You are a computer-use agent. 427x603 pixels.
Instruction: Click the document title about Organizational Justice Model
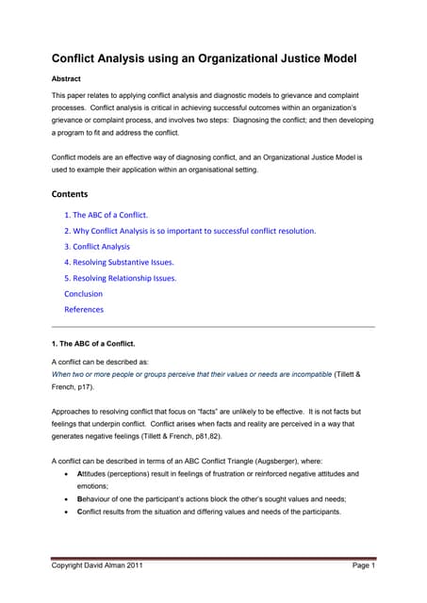click(x=204, y=58)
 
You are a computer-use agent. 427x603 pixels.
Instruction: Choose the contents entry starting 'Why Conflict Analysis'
click(x=189, y=230)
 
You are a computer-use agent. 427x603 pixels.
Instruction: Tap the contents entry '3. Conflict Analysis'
click(x=97, y=246)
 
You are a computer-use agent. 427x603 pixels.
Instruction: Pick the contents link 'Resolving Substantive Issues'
click(x=119, y=262)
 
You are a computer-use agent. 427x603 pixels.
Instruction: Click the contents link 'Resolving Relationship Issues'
click(x=121, y=278)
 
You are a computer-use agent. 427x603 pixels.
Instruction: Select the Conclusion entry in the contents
click(x=83, y=293)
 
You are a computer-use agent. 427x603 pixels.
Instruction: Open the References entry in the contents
click(x=84, y=309)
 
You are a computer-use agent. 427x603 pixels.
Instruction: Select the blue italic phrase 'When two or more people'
click(x=104, y=373)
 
